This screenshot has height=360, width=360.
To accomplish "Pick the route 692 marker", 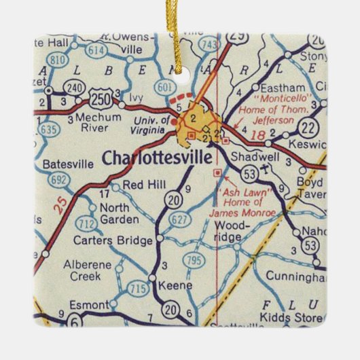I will point(58,180).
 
